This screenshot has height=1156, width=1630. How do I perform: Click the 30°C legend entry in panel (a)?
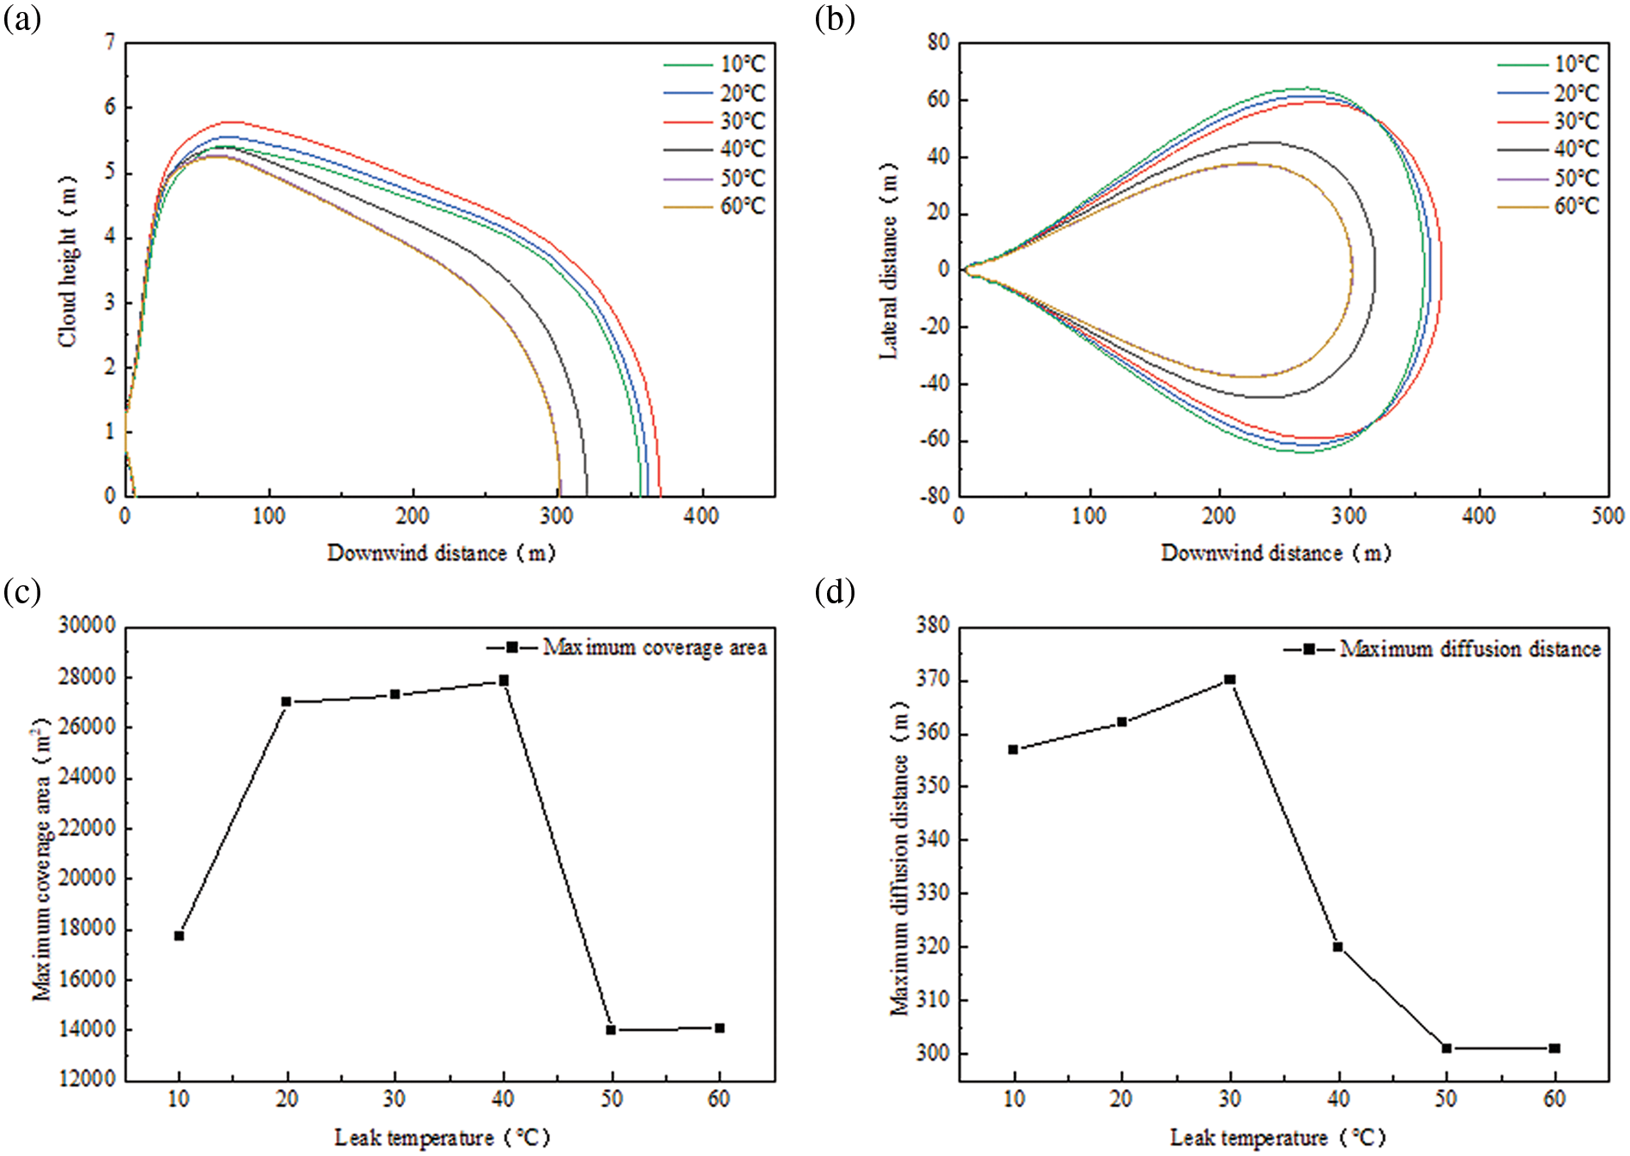point(742,121)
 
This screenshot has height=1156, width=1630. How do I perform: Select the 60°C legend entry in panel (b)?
point(1577,206)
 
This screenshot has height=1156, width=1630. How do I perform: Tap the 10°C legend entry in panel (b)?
point(1577,64)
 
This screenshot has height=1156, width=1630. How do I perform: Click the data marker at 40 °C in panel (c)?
point(504,681)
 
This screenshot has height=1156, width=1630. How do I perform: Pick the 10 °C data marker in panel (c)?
point(178,935)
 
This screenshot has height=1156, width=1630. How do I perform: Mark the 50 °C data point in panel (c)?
point(611,1030)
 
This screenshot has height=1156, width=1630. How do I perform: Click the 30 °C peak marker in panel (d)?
point(1229,679)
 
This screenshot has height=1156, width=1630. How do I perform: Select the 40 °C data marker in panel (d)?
point(1337,947)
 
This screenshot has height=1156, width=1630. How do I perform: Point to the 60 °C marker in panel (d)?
point(1555,1048)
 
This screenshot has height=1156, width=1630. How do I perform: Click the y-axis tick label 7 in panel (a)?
point(109,42)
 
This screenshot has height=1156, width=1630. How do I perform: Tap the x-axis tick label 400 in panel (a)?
point(702,516)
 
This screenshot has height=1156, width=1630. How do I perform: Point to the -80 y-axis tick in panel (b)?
point(935,496)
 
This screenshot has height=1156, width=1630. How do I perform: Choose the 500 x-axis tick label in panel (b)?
point(1608,516)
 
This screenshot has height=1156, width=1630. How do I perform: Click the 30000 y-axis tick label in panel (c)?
point(87,626)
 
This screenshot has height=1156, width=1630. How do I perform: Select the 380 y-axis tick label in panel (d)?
point(932,626)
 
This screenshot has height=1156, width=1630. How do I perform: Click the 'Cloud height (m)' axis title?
point(67,262)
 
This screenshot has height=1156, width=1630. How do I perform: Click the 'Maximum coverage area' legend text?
point(655,647)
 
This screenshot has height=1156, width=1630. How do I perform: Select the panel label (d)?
point(834,591)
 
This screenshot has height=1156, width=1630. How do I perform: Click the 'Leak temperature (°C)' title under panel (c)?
point(441,1138)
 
